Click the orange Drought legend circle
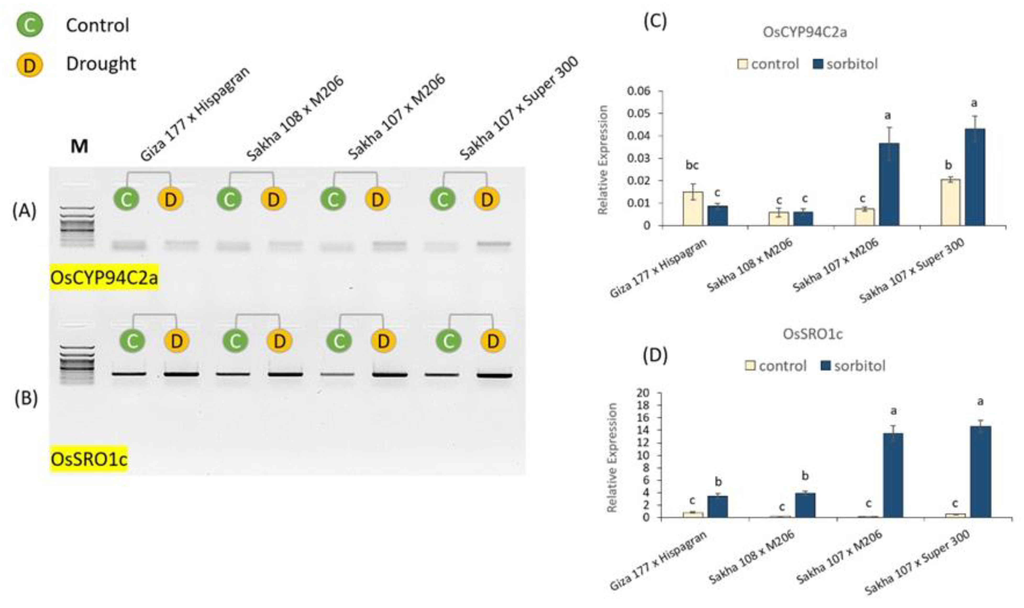pos(30,64)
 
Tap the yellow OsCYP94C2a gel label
pos(104,278)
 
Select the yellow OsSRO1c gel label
pos(89,459)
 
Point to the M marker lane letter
pos(79,146)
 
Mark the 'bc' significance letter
pos(692,165)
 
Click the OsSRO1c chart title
pos(813,334)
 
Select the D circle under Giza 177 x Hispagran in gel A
pos(170,200)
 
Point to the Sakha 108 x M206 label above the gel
pos(295,119)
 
